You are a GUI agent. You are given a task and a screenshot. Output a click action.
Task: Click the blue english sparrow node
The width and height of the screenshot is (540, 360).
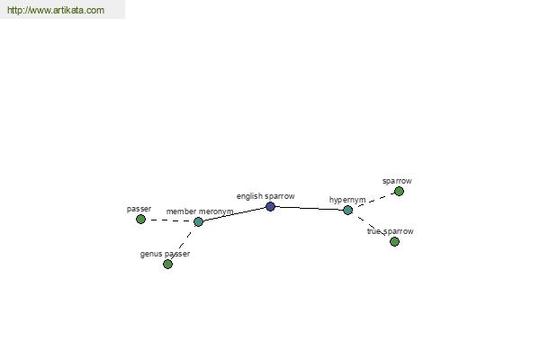click(270, 207)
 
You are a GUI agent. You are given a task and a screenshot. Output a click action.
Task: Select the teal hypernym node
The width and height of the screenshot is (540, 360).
click(347, 210)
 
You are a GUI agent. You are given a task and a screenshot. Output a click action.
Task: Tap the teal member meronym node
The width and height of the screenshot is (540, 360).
click(198, 222)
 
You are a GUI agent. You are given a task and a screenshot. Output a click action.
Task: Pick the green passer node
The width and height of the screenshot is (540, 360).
click(140, 219)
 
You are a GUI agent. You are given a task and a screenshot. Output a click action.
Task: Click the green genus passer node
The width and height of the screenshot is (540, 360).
click(167, 265)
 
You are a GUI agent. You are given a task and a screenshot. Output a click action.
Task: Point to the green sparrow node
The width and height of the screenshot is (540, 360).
click(399, 191)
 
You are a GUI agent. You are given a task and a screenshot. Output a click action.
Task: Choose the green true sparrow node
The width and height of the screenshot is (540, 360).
click(395, 241)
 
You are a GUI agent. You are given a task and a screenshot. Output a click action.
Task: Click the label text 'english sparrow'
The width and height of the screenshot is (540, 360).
click(265, 196)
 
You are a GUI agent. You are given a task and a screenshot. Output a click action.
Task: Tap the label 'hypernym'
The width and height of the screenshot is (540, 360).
click(347, 200)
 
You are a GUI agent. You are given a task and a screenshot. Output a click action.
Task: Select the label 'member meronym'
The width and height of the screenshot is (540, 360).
click(200, 211)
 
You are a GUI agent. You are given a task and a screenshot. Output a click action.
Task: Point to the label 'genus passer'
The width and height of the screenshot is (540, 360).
click(165, 254)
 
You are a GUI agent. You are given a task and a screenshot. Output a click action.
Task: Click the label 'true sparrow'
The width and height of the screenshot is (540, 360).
click(391, 231)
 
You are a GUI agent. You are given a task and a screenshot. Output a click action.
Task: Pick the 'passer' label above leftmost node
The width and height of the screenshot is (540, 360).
click(139, 209)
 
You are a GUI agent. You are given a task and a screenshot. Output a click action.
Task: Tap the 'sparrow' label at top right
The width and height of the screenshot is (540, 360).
click(397, 181)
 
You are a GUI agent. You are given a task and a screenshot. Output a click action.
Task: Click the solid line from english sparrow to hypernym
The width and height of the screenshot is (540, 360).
click(309, 209)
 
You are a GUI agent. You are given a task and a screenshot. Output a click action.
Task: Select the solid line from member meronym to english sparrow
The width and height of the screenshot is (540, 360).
click(234, 214)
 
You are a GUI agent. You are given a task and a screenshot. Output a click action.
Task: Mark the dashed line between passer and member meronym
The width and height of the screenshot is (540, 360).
click(169, 220)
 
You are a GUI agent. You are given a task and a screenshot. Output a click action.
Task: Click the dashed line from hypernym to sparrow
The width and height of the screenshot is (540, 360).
click(373, 201)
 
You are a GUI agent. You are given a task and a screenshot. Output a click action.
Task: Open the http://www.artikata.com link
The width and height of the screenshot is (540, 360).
click(56, 10)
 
